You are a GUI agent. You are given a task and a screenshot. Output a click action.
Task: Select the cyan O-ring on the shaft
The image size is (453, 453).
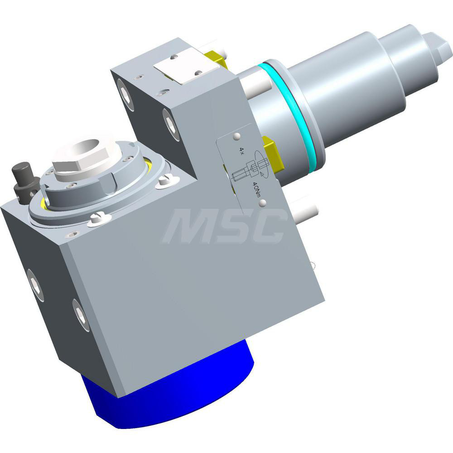pyautogui.click(x=294, y=113)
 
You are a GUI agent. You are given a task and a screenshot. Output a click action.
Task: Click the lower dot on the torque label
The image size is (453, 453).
pyautogui.click(x=261, y=205)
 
